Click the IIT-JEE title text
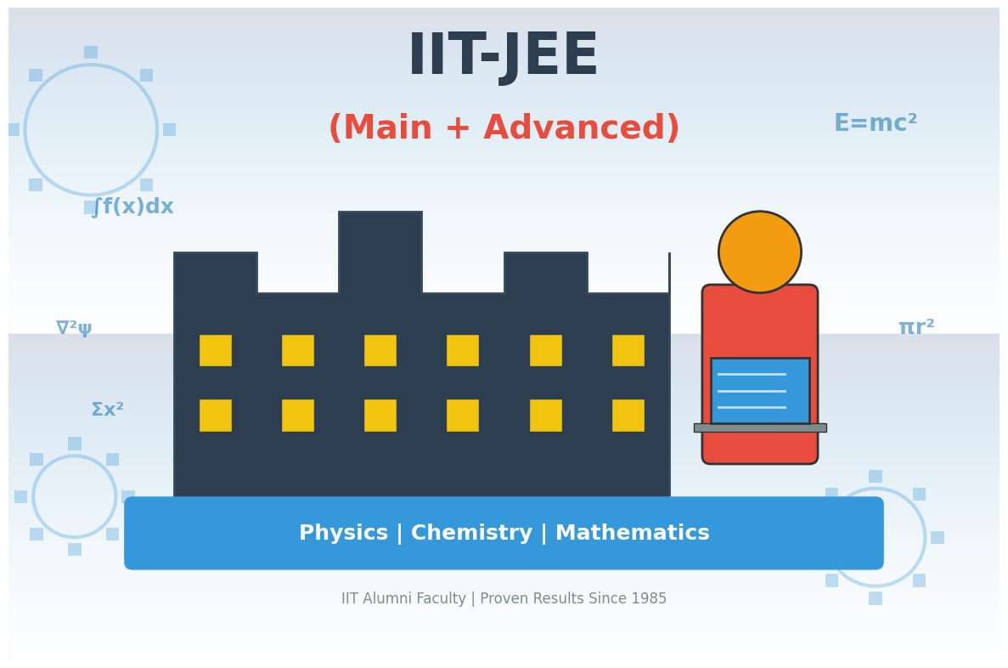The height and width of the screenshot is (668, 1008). coord(503,56)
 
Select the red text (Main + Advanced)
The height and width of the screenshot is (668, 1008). coord(504,129)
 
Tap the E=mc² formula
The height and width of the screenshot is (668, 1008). coord(875,124)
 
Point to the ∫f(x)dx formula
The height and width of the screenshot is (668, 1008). coord(132,207)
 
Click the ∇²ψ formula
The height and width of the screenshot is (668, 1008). coord(74,328)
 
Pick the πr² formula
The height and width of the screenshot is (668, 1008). coord(916,328)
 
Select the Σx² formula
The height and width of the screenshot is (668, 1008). coord(107,410)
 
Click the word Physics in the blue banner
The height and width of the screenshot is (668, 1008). coord(343,534)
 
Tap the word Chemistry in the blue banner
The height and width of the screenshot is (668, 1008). coord(470,534)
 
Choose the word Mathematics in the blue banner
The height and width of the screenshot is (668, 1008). coord(632,534)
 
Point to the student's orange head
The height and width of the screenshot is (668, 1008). coord(759,252)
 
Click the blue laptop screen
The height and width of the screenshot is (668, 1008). coord(759,390)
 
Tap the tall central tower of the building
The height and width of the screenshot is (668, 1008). coord(380,252)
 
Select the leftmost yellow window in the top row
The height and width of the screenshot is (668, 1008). coord(215,350)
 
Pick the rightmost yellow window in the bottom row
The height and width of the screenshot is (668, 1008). coord(628,415)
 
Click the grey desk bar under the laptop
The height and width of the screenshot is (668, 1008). coord(759,427)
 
